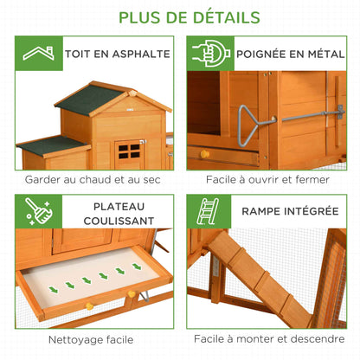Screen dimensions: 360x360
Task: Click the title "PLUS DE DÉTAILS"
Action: coord(180,17)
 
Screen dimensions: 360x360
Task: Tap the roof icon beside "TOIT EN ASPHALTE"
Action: coord(36,55)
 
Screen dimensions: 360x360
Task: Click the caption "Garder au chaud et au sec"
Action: coord(94,179)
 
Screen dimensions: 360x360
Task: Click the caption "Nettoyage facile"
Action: coord(94,339)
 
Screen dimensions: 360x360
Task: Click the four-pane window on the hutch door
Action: coord(129,151)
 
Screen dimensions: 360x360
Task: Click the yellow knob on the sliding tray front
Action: coord(88,305)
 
